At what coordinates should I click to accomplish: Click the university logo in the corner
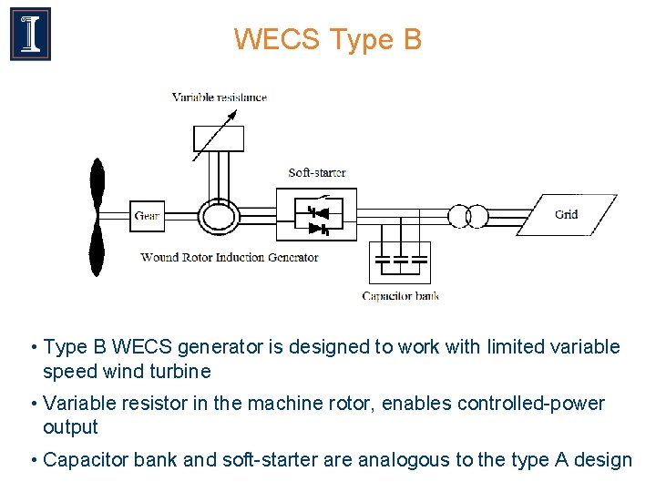pos(30,34)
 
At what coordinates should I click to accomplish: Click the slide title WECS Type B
pos(327,40)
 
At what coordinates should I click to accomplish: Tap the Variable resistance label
pos(219,97)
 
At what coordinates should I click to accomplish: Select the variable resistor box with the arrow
pos(219,138)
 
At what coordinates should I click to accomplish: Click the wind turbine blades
pos(96,216)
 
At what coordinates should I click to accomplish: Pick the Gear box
pos(147,216)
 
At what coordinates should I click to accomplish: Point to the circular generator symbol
pos(218,216)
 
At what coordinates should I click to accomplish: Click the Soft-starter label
pos(316,172)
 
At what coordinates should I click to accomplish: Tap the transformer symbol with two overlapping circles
pos(466,216)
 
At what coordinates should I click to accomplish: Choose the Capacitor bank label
pos(400,295)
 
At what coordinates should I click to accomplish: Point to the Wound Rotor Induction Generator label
pos(230,257)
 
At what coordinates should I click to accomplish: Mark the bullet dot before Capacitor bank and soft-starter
pos(34,460)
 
